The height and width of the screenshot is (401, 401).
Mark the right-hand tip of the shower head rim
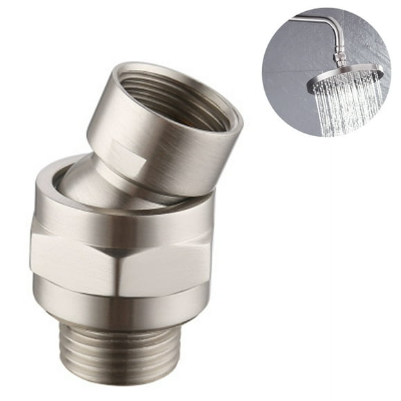[x=381, y=70]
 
